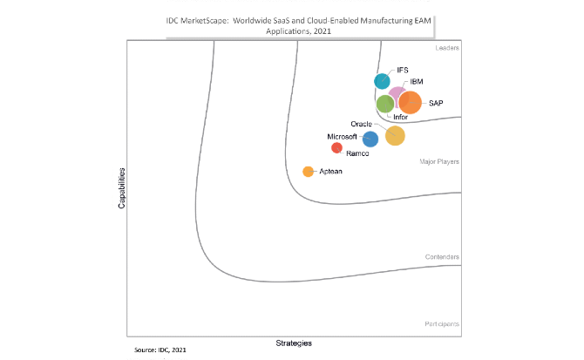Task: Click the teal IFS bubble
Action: (382, 82)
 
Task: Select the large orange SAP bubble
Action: (411, 102)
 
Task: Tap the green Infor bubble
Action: (385, 105)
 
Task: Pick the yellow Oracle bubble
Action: (395, 135)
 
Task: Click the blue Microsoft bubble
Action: (370, 139)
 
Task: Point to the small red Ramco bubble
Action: (336, 147)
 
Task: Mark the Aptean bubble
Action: (308, 172)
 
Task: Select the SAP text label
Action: (436, 103)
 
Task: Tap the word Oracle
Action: (362, 124)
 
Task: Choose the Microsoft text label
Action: (343, 137)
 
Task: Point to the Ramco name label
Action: (357, 153)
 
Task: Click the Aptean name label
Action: (331, 172)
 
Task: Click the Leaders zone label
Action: (447, 48)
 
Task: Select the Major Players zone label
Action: (439, 161)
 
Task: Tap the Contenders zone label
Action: (443, 257)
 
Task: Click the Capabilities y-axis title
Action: (121, 187)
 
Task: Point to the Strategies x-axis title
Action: (294, 343)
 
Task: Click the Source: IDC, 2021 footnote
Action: (160, 350)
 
